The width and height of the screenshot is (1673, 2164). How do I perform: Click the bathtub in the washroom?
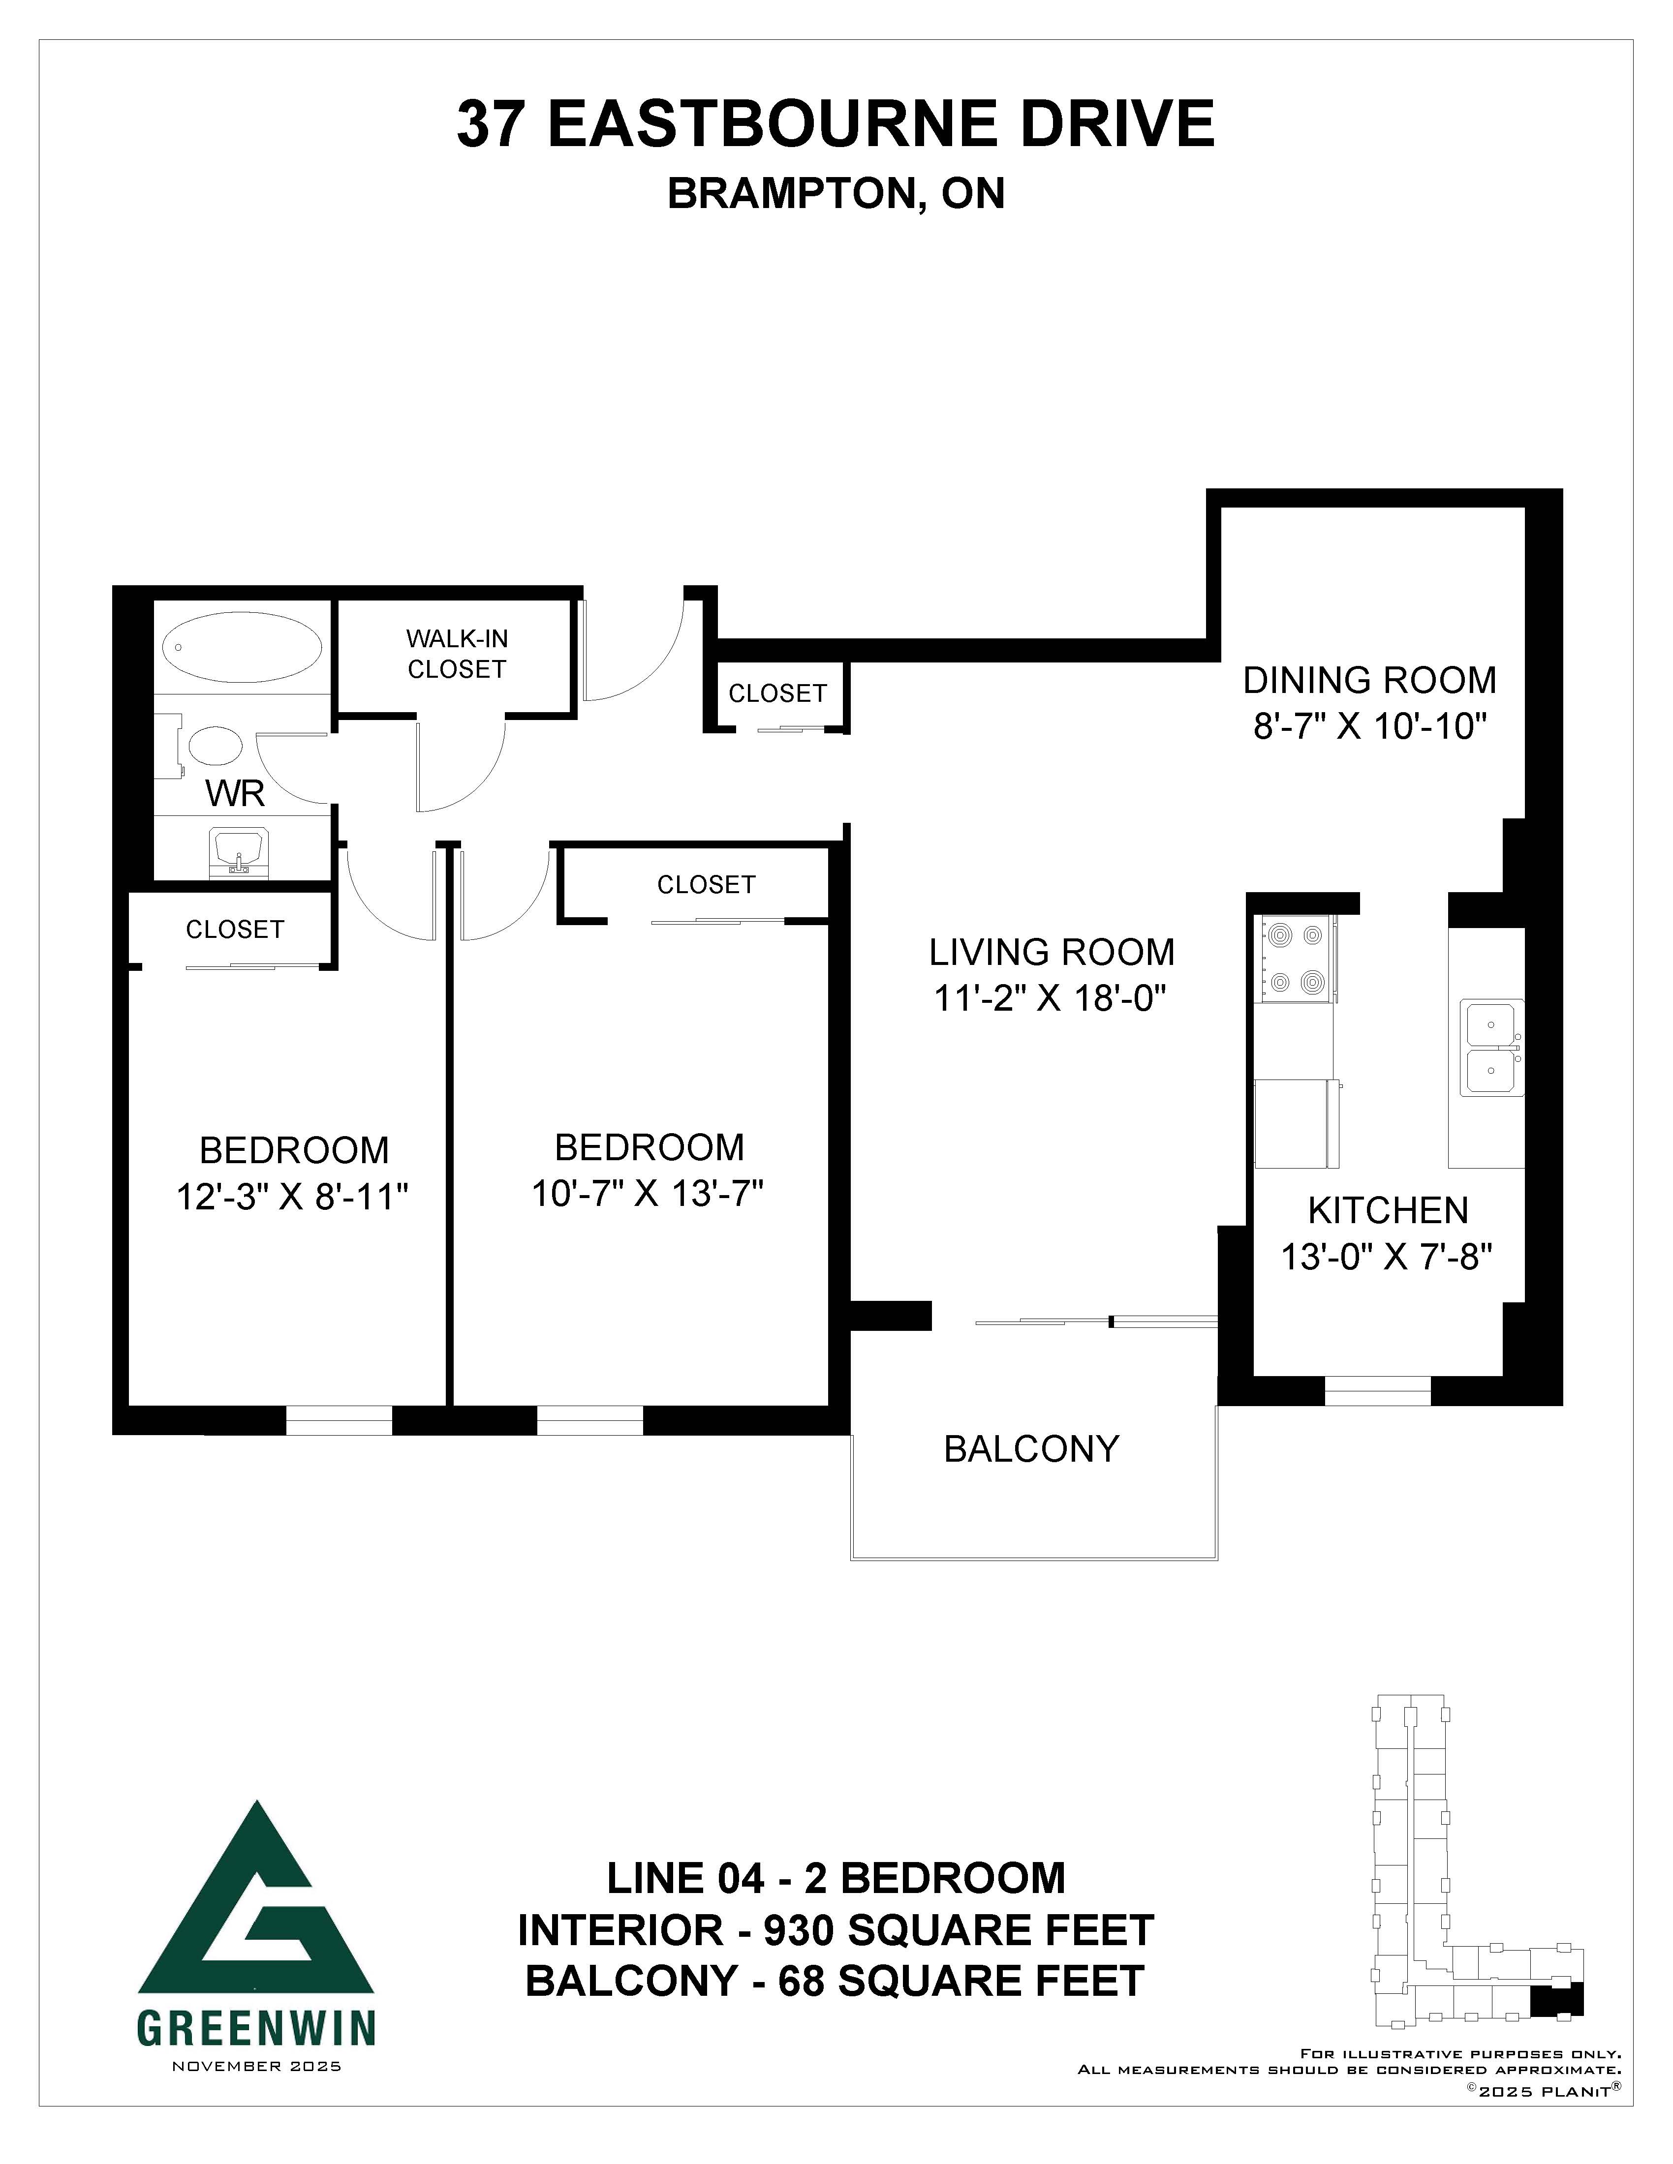click(x=242, y=647)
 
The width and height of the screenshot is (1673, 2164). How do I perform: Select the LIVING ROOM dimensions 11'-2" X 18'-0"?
click(x=1050, y=999)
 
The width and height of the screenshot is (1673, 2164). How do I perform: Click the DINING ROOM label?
click(x=1370, y=681)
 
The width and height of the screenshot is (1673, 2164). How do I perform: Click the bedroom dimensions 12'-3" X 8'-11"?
click(x=292, y=1197)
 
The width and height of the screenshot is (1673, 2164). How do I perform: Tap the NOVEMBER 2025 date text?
click(x=257, y=2066)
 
